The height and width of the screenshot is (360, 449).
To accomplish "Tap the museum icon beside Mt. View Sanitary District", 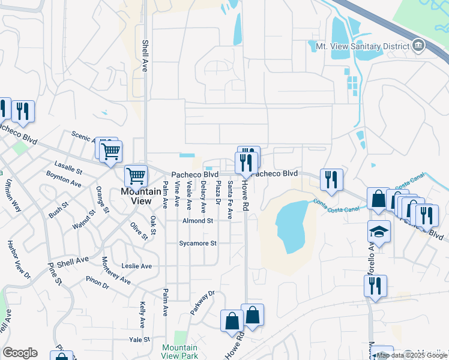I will click(x=418, y=46).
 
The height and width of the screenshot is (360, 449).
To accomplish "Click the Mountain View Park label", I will click(x=180, y=352).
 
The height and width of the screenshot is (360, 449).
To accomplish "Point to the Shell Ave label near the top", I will click(x=145, y=56).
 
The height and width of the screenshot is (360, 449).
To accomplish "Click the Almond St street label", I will click(x=198, y=221).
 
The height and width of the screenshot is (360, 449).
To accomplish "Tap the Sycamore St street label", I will click(x=197, y=244).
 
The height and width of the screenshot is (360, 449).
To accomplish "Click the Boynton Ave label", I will click(x=64, y=178).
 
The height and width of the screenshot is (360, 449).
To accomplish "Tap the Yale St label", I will click(x=139, y=340).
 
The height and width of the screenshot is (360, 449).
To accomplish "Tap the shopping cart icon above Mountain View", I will click(x=136, y=176).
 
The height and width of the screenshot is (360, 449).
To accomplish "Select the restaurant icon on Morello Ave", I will click(x=375, y=286).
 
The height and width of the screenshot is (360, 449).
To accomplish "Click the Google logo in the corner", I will click(x=20, y=353).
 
